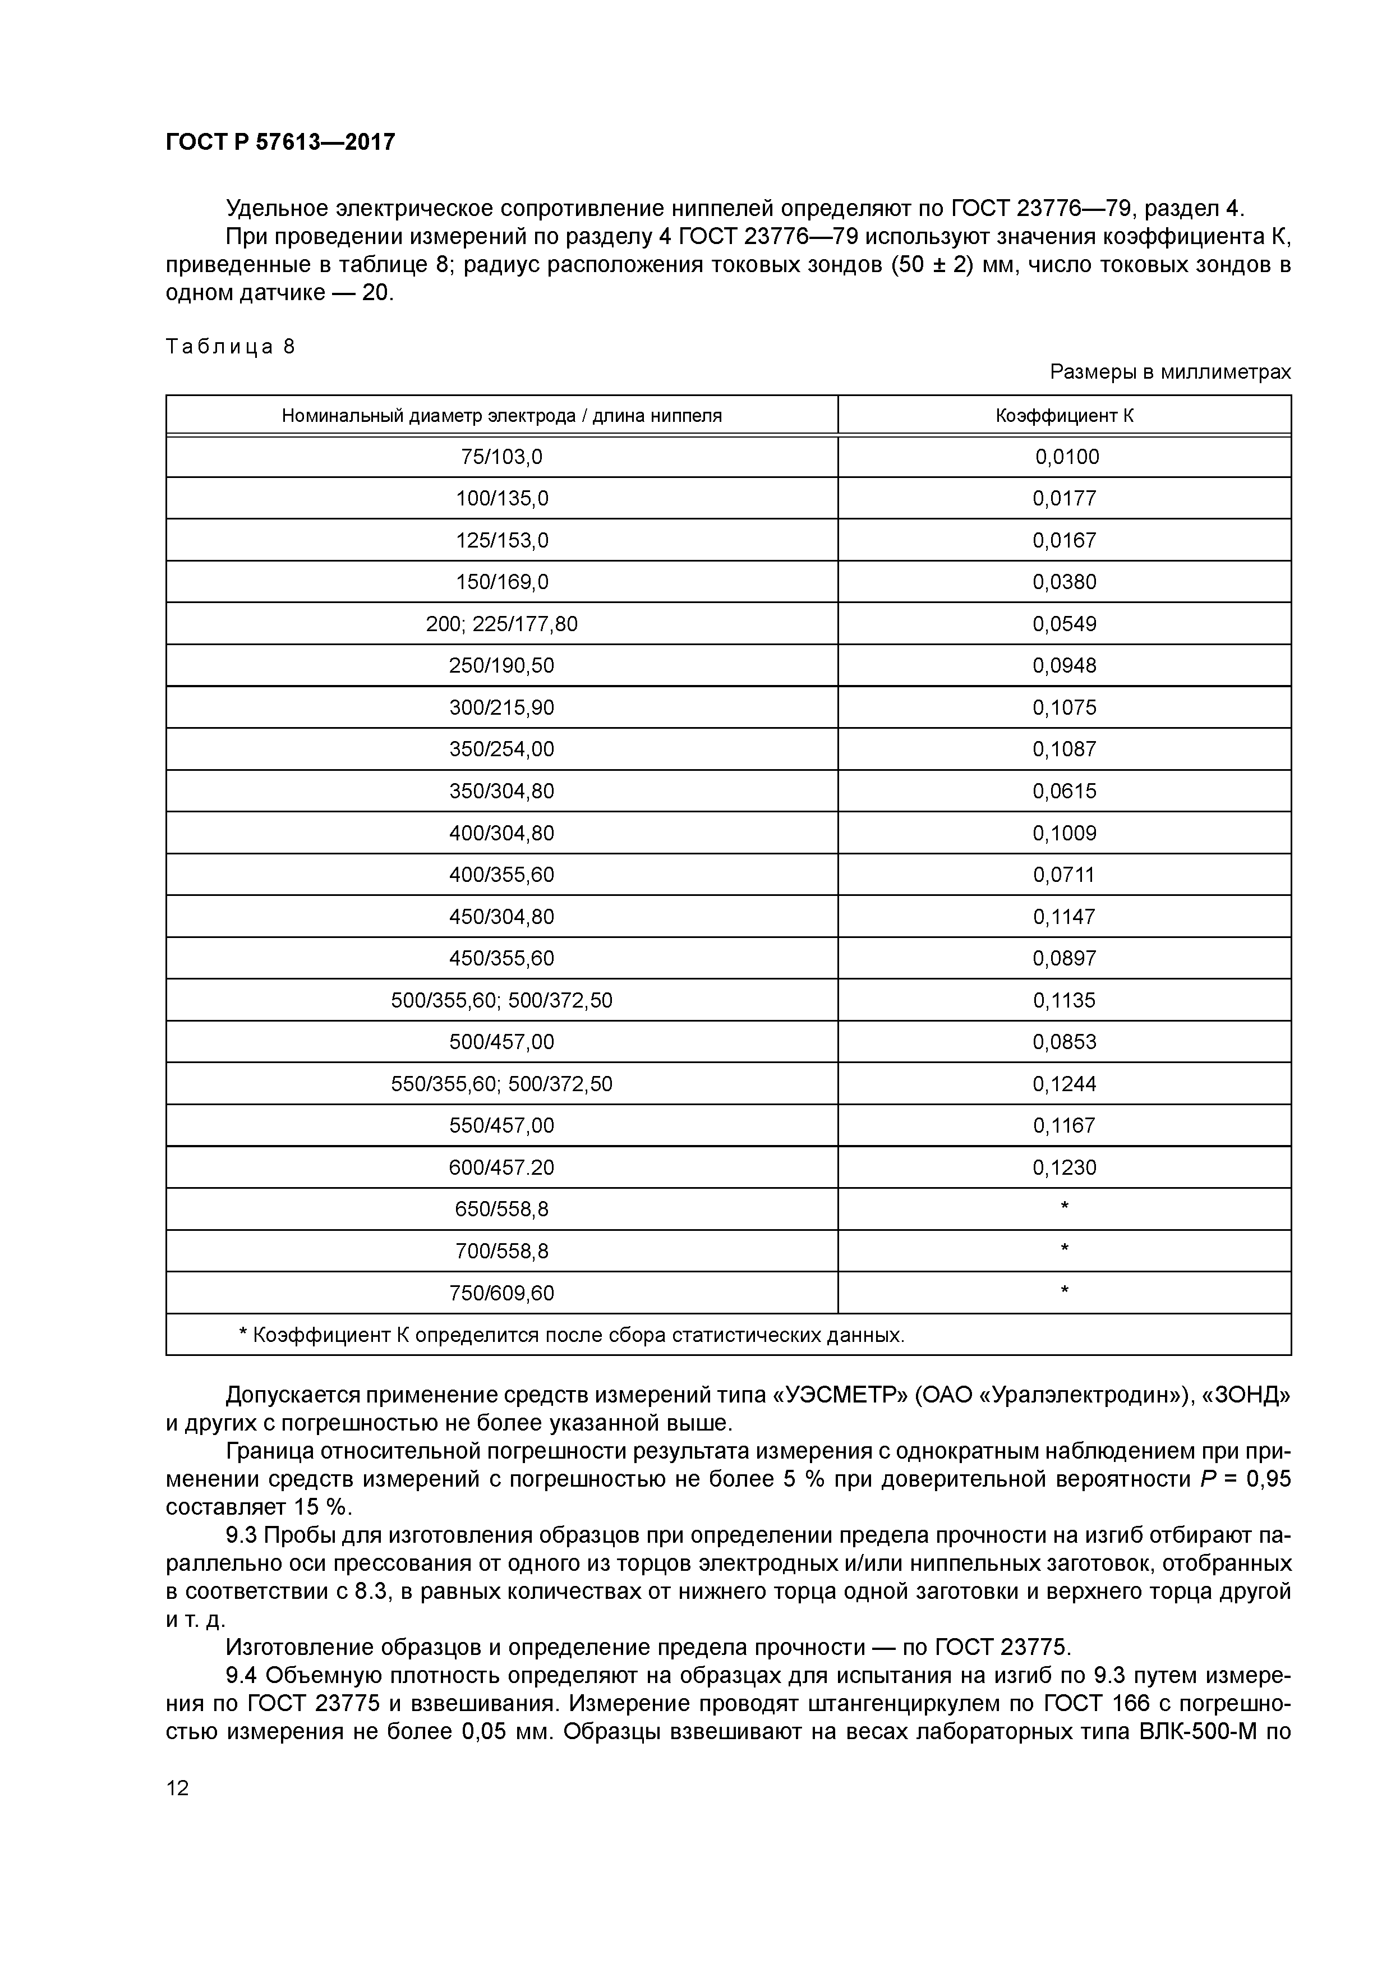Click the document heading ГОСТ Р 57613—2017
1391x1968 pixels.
click(x=280, y=141)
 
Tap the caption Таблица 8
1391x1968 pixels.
click(x=230, y=346)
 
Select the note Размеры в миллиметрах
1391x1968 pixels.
click(x=1170, y=372)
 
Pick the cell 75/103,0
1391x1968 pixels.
click(x=501, y=457)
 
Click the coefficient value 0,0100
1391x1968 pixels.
click(x=1066, y=457)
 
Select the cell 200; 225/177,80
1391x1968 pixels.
click(x=501, y=624)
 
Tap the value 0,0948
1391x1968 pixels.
click(x=1065, y=666)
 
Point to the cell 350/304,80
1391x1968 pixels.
click(x=501, y=791)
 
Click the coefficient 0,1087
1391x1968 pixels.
click(x=1065, y=749)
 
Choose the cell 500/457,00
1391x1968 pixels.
click(x=501, y=1042)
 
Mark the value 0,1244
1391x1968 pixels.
click(x=1065, y=1084)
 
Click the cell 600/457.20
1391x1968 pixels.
click(x=501, y=1167)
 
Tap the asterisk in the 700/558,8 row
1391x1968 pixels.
click(x=1065, y=1250)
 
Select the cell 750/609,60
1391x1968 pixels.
click(x=501, y=1293)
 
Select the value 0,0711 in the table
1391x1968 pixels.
click(x=1065, y=875)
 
